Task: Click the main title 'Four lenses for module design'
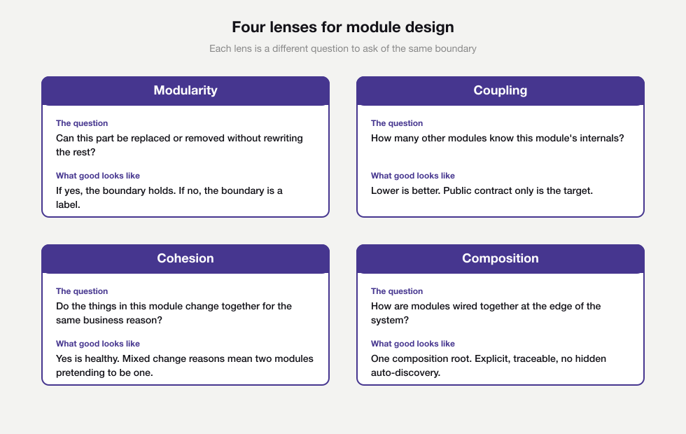click(343, 27)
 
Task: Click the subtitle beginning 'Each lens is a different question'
click(343, 49)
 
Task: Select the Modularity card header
click(185, 90)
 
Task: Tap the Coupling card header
click(500, 90)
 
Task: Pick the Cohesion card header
click(185, 258)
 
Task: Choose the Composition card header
click(500, 258)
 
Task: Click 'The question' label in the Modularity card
click(82, 123)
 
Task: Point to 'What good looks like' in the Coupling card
click(413, 176)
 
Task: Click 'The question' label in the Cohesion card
click(82, 291)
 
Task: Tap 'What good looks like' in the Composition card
click(413, 344)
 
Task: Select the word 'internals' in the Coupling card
click(600, 138)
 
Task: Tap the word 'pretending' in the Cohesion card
click(80, 372)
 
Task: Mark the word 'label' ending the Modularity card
click(68, 204)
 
